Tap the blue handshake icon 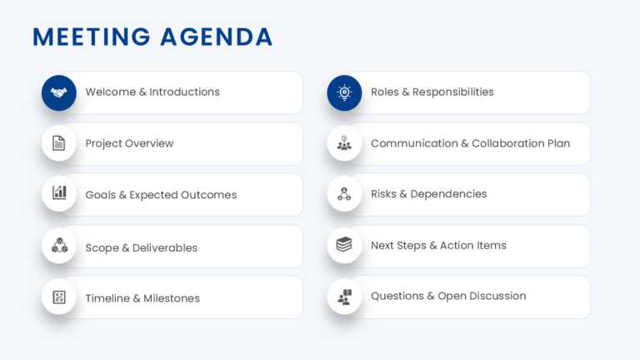59,92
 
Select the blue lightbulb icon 344,92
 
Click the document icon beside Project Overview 59,143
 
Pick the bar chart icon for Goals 59,193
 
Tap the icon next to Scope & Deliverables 59,246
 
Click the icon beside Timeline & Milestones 59,297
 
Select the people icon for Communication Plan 344,143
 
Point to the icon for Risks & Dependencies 344,193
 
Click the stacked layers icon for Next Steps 344,245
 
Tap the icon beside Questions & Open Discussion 344,297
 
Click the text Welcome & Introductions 152,92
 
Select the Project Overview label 129,143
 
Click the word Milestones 172,298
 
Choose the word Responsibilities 453,92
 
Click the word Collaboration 507,143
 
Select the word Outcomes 208,195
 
